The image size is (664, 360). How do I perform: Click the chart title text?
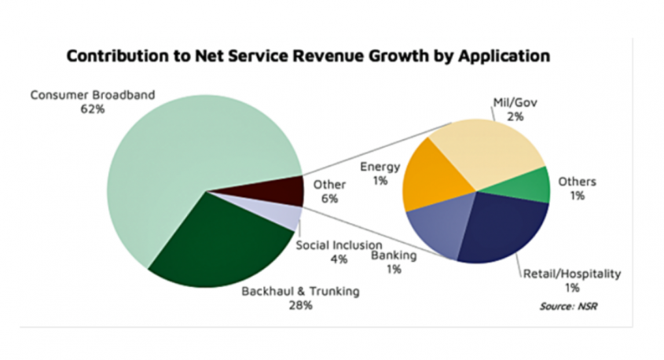[x=307, y=57]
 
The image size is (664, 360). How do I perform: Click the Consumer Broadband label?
[x=93, y=96]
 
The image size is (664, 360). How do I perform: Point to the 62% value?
[x=93, y=109]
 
